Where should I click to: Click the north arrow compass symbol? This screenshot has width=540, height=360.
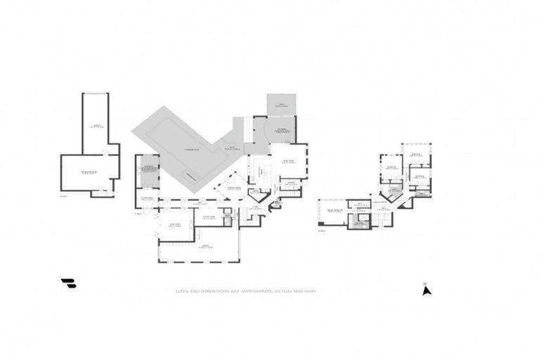(426, 289)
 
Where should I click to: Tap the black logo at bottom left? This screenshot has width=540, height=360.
(68, 283)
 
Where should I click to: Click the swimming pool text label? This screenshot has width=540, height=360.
(192, 151)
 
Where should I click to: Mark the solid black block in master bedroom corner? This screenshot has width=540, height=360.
(321, 224)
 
